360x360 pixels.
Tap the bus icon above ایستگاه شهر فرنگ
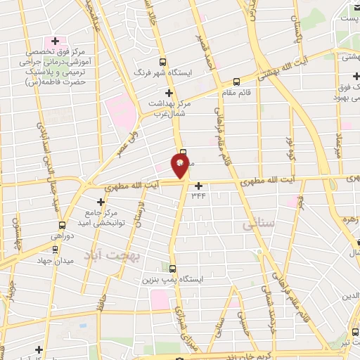[x=163, y=62]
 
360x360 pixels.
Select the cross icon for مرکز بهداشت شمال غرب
[x=167, y=93]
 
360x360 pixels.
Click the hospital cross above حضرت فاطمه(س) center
[x=55, y=41]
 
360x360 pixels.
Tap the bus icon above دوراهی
[x=62, y=225]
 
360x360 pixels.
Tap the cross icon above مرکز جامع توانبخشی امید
[x=101, y=202]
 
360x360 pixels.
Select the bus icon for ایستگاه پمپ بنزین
[x=173, y=268]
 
